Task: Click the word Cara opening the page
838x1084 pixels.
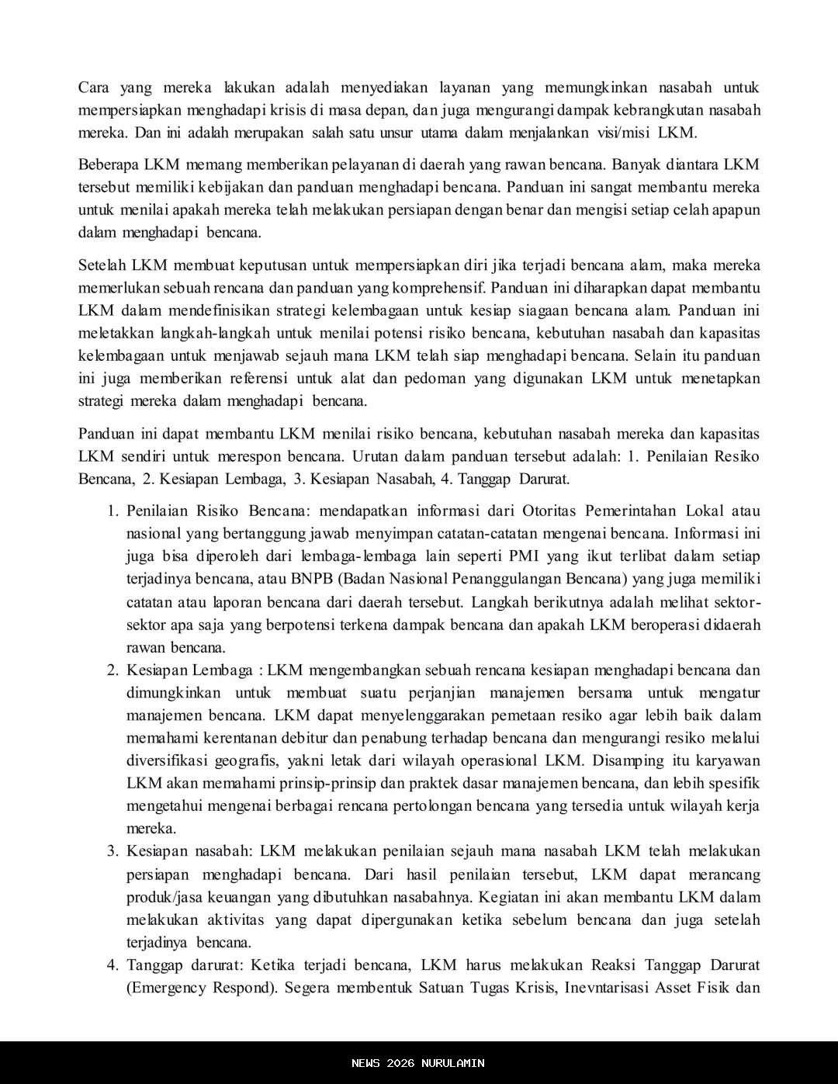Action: [93, 88]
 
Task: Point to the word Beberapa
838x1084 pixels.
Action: [109, 165]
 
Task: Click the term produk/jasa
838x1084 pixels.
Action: [167, 898]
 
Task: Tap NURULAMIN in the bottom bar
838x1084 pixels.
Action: [453, 1063]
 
